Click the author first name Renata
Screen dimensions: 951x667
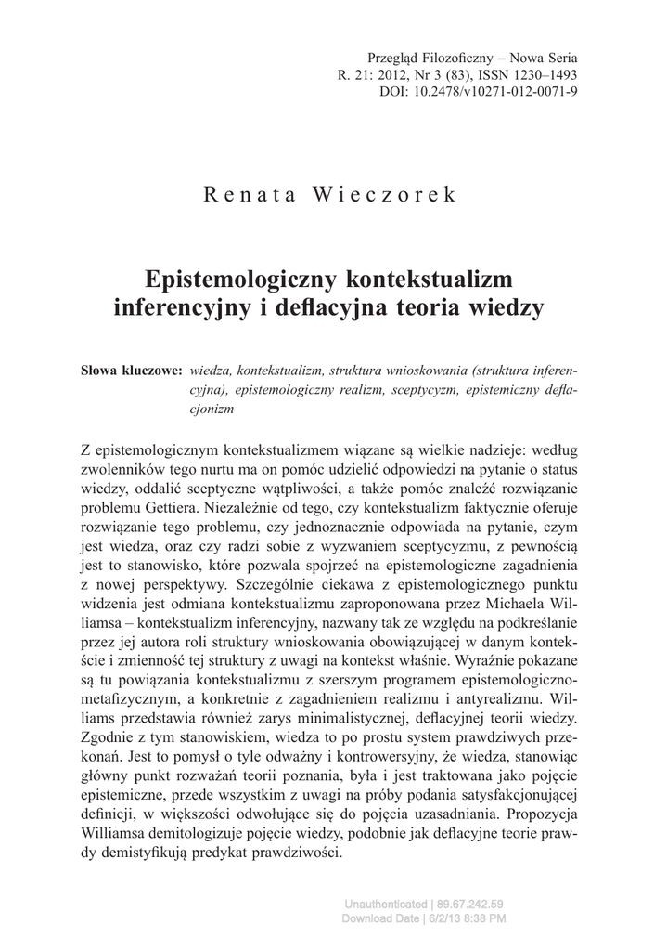click(247, 197)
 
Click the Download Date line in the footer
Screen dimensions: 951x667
click(424, 918)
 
